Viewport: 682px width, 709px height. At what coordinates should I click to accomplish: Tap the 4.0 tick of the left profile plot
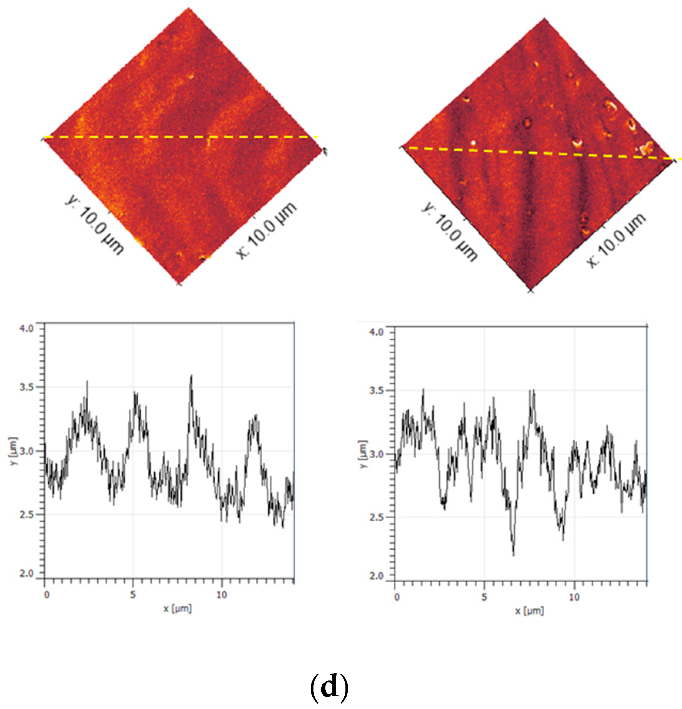[27, 328]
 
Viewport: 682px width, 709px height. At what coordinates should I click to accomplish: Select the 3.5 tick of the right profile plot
[376, 390]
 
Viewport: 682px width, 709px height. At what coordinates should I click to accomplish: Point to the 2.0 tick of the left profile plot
[27, 573]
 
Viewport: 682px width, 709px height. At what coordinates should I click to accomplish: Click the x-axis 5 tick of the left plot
[133, 595]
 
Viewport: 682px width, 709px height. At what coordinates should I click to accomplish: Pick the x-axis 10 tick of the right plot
[574, 597]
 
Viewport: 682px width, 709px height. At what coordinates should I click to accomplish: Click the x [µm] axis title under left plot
[178, 609]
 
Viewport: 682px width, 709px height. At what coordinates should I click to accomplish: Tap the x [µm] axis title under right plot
[530, 611]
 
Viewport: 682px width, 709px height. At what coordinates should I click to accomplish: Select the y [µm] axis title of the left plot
[13, 451]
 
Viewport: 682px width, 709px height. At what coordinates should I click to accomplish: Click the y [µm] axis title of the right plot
[363, 454]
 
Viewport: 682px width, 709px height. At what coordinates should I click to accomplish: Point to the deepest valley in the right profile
[513, 554]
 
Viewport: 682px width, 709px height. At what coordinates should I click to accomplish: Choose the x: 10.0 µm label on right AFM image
[616, 240]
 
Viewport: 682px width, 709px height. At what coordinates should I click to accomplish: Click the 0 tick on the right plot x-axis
[397, 597]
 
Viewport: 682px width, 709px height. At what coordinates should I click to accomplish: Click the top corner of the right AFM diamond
[544, 18]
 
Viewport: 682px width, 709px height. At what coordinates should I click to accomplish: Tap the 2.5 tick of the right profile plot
[376, 517]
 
